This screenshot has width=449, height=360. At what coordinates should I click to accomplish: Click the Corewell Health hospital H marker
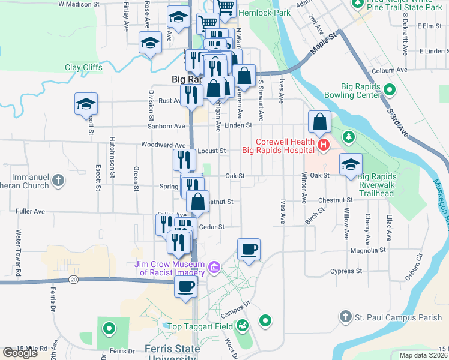[x=324, y=145]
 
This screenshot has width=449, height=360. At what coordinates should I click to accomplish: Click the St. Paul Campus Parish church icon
[x=345, y=316]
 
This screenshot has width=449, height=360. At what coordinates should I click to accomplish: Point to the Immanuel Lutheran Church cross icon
[x=58, y=179]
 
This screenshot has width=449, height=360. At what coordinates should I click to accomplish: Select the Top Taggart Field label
[x=200, y=326]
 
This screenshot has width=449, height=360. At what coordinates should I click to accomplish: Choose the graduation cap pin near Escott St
[x=86, y=104]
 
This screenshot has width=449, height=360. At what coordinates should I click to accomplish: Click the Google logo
[x=20, y=353]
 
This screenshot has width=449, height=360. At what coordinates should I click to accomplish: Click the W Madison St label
[x=79, y=4]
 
